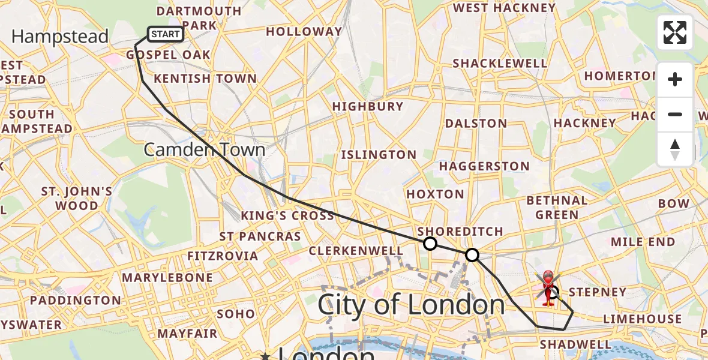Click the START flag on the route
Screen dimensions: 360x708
coord(165,34)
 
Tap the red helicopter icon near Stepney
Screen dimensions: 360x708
coord(548,287)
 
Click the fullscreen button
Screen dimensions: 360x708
coord(675,32)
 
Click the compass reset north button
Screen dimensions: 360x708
coord(675,149)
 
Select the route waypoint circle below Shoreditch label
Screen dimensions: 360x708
coord(430,243)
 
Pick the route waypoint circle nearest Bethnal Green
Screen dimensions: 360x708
coord(472,255)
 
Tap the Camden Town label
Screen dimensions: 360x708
coord(204,149)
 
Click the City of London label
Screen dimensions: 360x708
coord(411,305)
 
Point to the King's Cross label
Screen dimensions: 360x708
coord(287,215)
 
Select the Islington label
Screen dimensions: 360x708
coord(379,155)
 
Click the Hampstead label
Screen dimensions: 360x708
coord(60,37)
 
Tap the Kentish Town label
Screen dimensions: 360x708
coord(205,79)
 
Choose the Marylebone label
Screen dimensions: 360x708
coord(167,278)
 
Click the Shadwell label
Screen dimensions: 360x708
coord(575,344)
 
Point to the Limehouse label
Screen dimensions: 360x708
coord(643,319)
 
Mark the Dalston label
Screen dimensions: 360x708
coord(476,124)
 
